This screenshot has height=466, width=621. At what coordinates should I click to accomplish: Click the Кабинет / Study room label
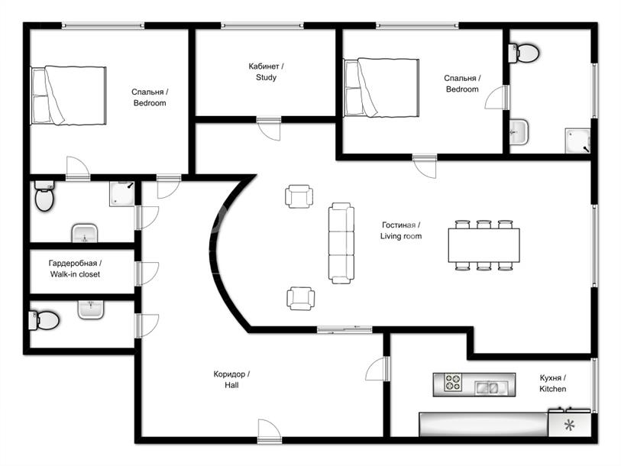(x=266, y=72)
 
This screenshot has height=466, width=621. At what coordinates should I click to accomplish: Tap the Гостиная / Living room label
(x=401, y=231)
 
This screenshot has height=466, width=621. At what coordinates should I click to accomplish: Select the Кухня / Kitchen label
(x=552, y=383)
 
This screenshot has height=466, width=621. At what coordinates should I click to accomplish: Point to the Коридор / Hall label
(x=231, y=379)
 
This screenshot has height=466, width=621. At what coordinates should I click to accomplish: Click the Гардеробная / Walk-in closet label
(x=75, y=269)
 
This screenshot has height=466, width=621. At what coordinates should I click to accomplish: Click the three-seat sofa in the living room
(x=341, y=243)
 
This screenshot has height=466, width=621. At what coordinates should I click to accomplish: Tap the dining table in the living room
(x=484, y=245)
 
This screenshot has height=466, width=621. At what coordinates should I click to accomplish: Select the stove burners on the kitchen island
(x=452, y=383)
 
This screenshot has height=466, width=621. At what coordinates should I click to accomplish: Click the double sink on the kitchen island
(x=487, y=387)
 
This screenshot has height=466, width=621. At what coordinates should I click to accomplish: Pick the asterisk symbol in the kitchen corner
(x=569, y=426)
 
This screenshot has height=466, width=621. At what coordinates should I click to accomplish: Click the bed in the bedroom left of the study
(x=69, y=95)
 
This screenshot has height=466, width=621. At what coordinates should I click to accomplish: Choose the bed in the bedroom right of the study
(x=381, y=88)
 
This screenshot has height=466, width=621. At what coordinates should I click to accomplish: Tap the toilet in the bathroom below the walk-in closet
(x=44, y=321)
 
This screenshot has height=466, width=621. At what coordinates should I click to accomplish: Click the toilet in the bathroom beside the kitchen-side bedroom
(x=523, y=53)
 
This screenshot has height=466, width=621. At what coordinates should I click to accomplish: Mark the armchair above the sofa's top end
(x=299, y=196)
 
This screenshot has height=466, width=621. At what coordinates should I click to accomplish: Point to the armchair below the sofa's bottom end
(x=301, y=299)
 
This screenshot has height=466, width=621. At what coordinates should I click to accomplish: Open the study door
(x=269, y=128)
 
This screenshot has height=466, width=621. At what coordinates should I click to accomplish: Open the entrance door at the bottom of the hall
(x=270, y=432)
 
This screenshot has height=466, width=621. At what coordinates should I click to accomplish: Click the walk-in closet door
(x=147, y=273)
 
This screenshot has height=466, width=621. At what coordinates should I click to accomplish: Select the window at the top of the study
(x=262, y=26)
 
